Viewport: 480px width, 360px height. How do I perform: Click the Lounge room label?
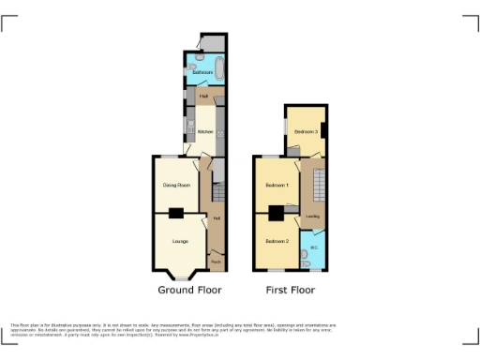179,241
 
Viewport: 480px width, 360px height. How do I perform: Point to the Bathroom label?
202,72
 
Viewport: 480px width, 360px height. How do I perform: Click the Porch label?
217,262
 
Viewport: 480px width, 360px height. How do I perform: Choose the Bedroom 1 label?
277,185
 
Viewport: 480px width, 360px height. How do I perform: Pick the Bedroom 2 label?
276,241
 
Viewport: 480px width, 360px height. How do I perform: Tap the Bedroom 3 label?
306,132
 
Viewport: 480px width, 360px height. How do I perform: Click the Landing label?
312,217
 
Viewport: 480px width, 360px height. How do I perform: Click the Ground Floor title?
188,292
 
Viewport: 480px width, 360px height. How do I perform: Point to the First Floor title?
290,292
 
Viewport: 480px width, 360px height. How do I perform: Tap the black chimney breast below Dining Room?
175,213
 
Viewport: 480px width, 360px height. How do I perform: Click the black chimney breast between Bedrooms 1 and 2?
275,213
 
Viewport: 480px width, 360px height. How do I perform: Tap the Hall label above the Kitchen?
203,96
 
